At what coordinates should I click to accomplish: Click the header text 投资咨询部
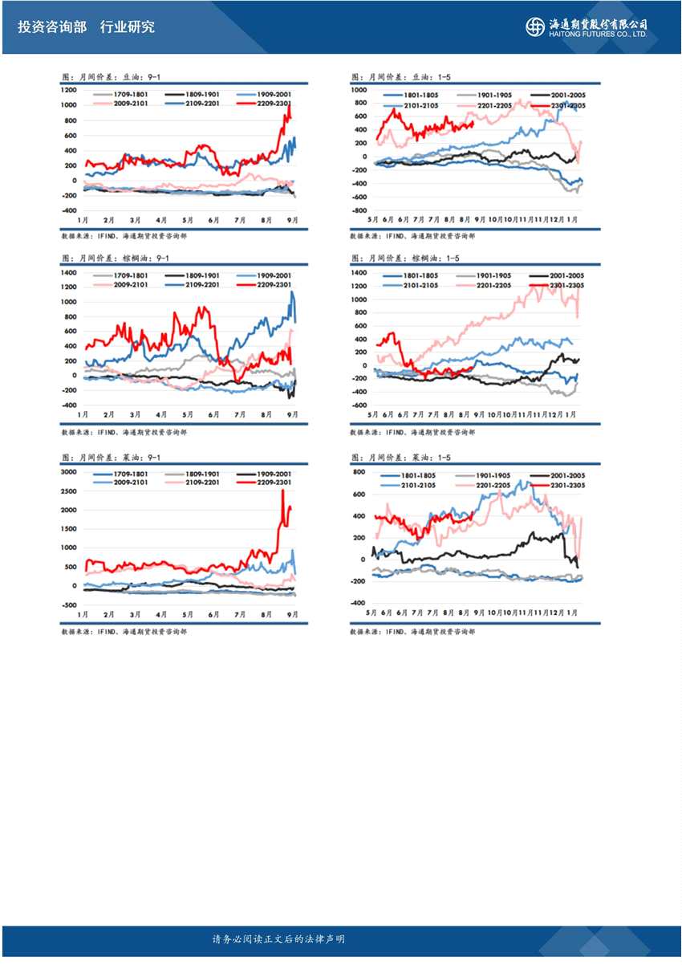51,27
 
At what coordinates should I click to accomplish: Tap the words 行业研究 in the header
127,27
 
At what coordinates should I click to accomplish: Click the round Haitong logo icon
534,26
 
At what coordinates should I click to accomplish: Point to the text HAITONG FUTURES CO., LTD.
599,35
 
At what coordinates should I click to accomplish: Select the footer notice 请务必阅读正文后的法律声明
278,939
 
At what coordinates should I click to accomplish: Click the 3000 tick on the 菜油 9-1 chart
68,472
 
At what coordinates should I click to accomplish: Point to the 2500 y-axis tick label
68,491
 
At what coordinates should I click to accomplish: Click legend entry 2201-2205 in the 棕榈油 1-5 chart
493,285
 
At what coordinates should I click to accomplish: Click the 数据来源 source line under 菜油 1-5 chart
412,632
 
